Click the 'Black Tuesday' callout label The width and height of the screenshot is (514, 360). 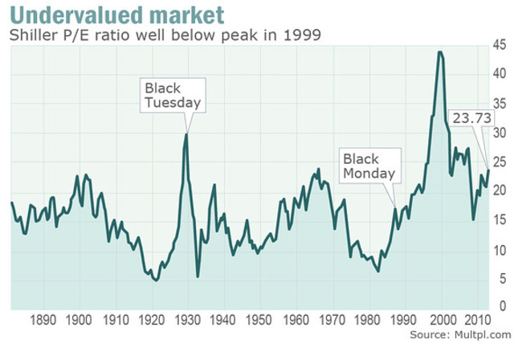click(x=171, y=95)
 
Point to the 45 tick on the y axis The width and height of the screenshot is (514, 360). click(x=499, y=45)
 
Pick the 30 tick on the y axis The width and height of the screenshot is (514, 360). click(x=499, y=133)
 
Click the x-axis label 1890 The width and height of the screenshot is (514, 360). click(x=43, y=319)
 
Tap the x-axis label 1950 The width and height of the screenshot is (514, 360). click(x=256, y=319)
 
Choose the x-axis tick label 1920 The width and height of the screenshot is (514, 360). click(x=149, y=319)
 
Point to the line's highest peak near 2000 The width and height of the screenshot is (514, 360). click(x=440, y=52)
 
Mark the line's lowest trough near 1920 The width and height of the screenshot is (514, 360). click(x=156, y=280)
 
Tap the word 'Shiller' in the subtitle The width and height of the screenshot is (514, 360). click(x=30, y=35)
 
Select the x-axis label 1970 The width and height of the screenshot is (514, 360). click(x=328, y=319)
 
